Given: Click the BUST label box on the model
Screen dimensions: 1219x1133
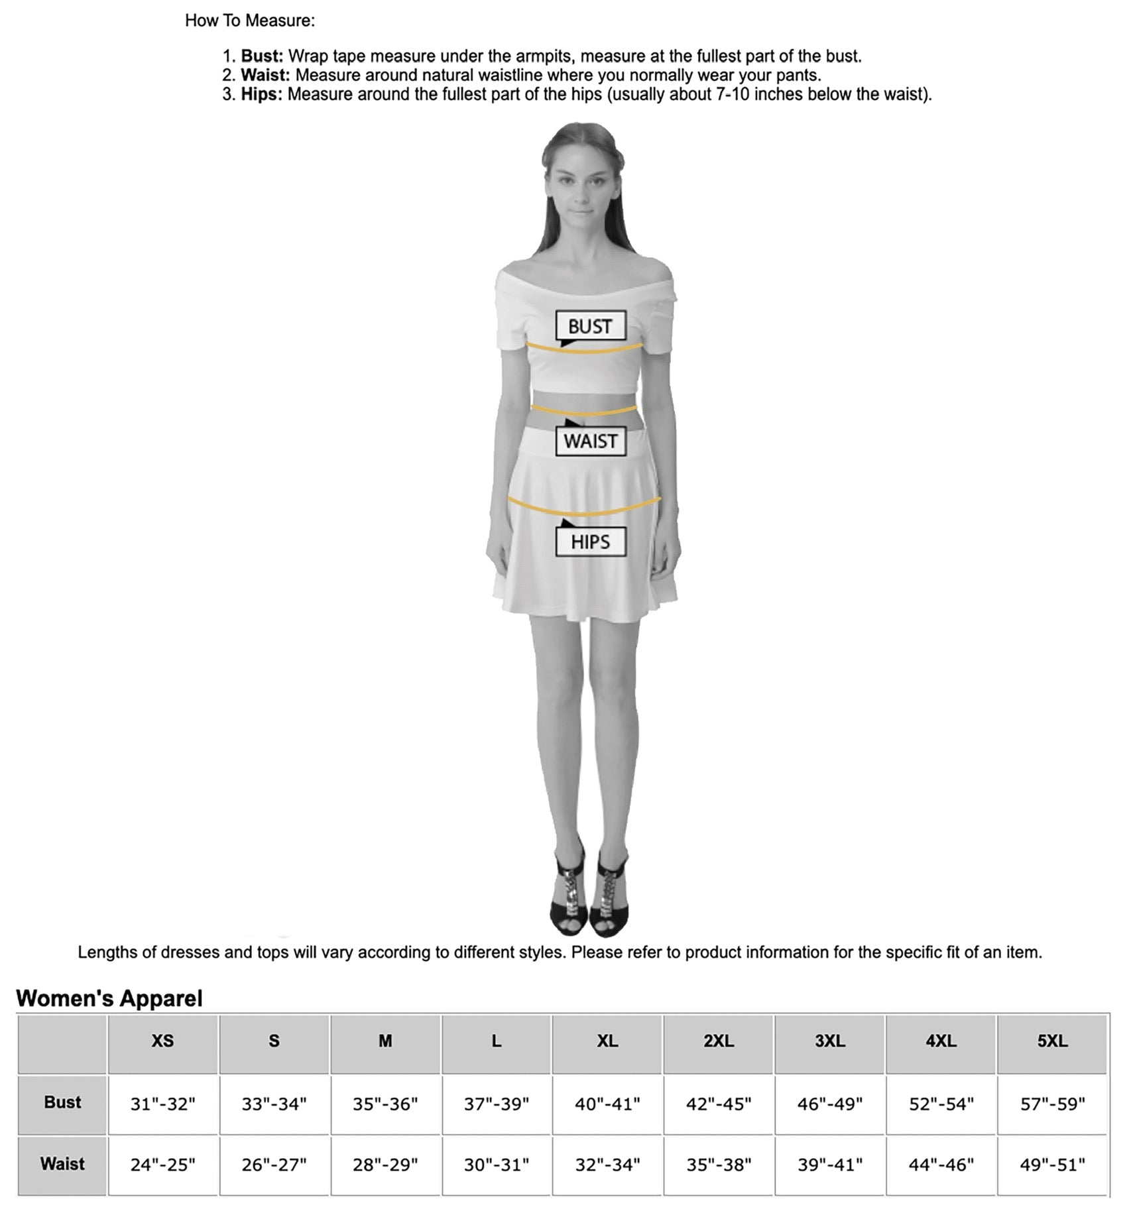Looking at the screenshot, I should (589, 326).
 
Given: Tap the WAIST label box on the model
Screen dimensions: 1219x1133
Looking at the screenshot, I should (589, 441).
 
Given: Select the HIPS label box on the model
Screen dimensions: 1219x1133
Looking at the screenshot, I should (589, 542).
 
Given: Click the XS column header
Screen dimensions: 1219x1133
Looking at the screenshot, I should (162, 1041).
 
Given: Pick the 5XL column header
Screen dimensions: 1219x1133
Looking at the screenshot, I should (1052, 1041).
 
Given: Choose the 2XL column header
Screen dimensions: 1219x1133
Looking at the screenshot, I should (718, 1041).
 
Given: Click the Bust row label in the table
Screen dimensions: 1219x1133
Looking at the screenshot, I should (62, 1102).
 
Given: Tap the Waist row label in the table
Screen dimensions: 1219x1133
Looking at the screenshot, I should (62, 1164).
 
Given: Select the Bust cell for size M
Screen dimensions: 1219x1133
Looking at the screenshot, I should (385, 1104).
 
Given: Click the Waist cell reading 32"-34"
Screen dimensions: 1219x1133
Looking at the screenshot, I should (607, 1165).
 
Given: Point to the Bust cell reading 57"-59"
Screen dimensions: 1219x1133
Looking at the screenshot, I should (1052, 1104).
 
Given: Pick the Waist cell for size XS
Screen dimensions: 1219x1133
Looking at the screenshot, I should (162, 1165).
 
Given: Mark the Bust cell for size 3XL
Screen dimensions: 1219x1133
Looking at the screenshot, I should (829, 1104).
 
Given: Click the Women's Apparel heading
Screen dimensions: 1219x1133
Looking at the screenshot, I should (109, 998).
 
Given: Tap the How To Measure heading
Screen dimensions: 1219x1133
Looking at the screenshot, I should (250, 21).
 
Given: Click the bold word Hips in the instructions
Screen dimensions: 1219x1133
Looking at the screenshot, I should (261, 94).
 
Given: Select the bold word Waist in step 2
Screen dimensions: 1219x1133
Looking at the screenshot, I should (265, 75).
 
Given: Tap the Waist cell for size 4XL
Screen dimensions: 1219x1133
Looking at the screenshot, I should (941, 1165).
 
